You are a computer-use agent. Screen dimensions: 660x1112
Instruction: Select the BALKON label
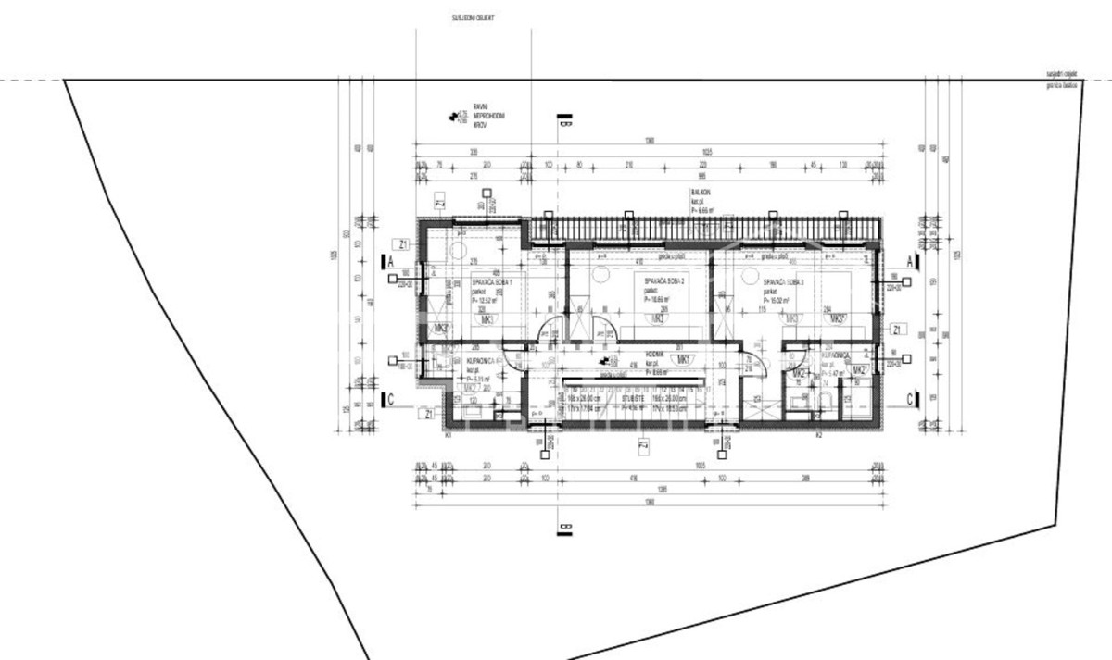pyautogui.click(x=700, y=195)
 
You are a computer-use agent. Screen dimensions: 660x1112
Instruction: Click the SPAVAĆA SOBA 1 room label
pyautogui.click(x=492, y=280)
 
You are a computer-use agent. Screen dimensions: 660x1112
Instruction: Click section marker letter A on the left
pyautogui.click(x=392, y=263)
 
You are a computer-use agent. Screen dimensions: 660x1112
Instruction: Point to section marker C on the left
pyautogui.click(x=392, y=400)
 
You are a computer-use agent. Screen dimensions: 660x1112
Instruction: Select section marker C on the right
pyautogui.click(x=911, y=399)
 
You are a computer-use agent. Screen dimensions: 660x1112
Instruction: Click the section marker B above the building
pyautogui.click(x=565, y=123)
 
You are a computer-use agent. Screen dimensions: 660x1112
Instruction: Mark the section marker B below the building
pyautogui.click(x=565, y=529)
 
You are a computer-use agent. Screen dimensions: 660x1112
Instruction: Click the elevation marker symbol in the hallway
pyautogui.click(x=605, y=359)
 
